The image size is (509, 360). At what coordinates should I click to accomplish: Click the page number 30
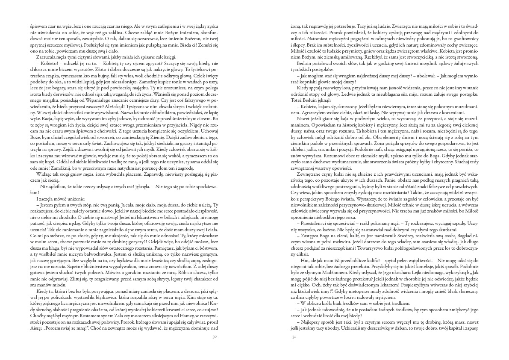click(215, 336)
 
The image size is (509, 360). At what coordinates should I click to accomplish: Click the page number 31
click(294, 336)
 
